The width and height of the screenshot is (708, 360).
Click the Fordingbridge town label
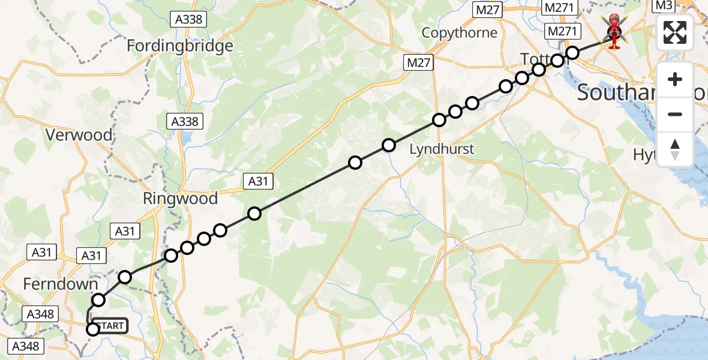[180, 46]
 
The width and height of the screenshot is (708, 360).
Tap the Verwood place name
[79, 135]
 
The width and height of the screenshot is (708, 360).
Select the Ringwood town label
[180, 199]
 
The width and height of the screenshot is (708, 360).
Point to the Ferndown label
[60, 284]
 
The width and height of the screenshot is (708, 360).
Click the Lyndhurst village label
[442, 149]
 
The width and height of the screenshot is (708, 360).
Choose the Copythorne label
[460, 32]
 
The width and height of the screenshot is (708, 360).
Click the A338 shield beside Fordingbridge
[188, 19]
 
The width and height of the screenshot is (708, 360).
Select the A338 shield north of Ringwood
[185, 122]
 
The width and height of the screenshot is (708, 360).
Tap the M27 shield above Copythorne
[487, 10]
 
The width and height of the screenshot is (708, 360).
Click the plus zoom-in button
[675, 79]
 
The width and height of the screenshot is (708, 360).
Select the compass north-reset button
[675, 149]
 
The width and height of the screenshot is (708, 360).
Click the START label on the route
[110, 326]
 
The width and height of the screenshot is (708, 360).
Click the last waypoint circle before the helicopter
[572, 53]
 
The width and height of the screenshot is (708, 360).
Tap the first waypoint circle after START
[99, 300]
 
